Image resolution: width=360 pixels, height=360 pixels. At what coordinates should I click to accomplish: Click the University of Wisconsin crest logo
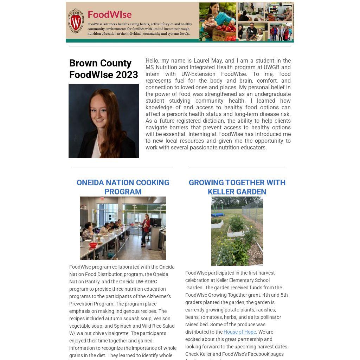tap(76, 21)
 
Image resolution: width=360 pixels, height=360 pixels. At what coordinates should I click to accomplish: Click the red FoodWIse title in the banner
tap(109, 14)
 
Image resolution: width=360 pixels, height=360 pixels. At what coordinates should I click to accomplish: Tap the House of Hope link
tap(239, 332)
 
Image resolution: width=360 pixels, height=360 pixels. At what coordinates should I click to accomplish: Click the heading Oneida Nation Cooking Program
tap(123, 187)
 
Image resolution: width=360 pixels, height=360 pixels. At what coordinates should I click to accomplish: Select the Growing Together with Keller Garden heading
tap(237, 187)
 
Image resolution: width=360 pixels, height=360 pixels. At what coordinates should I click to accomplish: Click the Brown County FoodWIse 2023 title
tap(103, 69)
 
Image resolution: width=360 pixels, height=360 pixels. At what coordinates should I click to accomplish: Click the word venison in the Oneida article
tap(162, 319)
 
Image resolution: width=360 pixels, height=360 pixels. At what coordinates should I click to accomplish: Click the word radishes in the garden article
tap(265, 310)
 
